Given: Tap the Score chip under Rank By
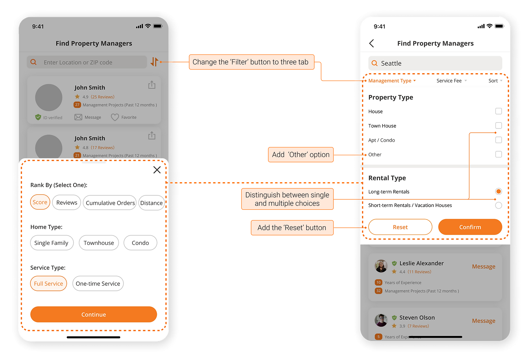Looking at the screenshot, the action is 40,202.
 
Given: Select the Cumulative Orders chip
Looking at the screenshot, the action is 110,203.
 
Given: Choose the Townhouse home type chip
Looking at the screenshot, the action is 99,243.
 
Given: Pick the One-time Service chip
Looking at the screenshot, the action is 98,284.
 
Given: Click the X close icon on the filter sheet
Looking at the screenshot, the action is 157,170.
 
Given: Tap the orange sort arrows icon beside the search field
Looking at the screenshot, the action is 154,62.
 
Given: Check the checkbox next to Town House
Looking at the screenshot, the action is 498,125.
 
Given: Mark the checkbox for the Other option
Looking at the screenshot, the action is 498,154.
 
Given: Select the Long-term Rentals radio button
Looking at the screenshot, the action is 498,191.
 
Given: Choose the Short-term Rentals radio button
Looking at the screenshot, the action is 498,205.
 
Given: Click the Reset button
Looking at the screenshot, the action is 400,227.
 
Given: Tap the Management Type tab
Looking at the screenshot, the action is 392,81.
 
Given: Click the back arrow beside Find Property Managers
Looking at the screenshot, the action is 371,43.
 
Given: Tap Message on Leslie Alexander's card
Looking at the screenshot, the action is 483,266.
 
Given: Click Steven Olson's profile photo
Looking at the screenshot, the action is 381,320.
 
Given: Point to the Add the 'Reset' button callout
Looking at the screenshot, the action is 292,228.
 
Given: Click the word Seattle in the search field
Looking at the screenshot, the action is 391,63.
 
